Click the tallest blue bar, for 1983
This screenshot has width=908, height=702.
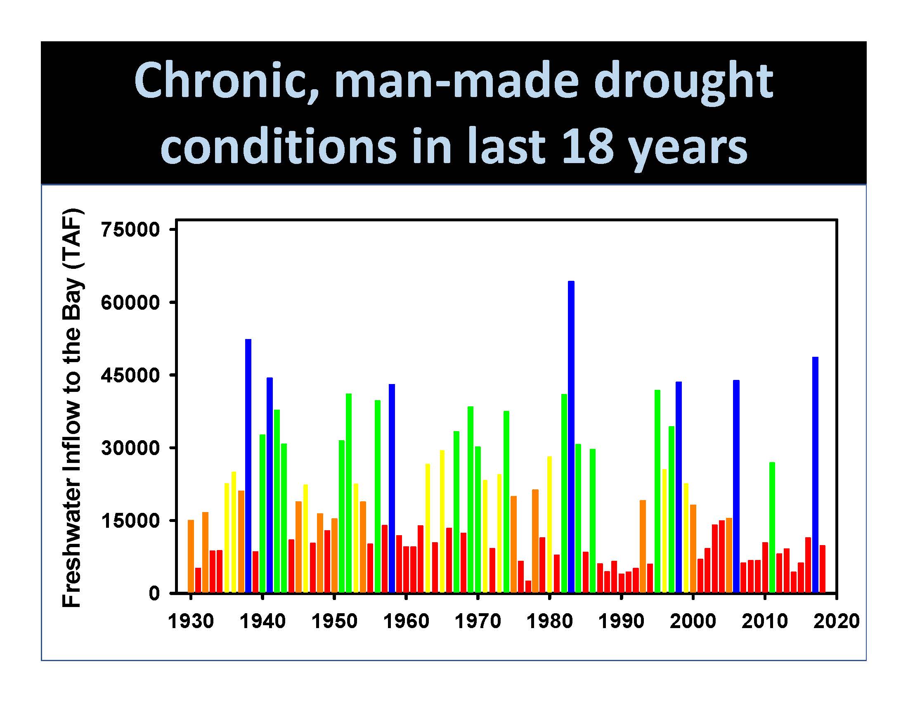click(x=571, y=436)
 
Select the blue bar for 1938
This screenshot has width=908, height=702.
click(x=248, y=466)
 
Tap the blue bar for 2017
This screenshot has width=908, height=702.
click(x=815, y=474)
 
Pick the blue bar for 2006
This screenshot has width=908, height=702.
click(x=736, y=486)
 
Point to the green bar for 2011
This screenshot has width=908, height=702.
click(x=772, y=527)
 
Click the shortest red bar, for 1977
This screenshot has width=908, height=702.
click(x=528, y=586)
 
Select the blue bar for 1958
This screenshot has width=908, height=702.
click(x=392, y=488)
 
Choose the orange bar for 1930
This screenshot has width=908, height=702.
click(x=191, y=556)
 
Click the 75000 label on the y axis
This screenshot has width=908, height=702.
click(x=130, y=230)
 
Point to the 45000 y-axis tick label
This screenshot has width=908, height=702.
click(x=130, y=375)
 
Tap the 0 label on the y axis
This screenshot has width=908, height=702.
click(x=154, y=593)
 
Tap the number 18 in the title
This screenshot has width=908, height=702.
click(x=587, y=145)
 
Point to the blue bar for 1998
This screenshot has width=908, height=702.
click(x=679, y=487)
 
